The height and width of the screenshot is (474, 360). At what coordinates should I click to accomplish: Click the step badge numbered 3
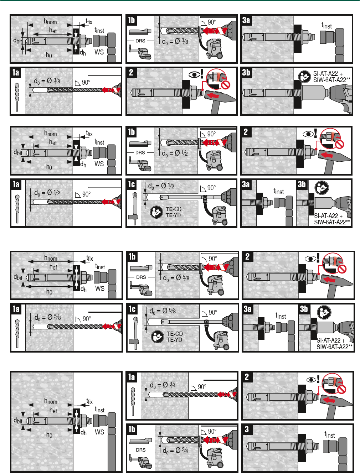pos(247,429)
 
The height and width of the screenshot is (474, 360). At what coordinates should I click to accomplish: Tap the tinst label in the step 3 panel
pos(329,435)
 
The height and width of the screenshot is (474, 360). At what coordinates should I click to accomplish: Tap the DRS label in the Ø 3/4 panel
pos(140,450)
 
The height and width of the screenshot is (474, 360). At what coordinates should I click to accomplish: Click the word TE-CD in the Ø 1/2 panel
pos(174,209)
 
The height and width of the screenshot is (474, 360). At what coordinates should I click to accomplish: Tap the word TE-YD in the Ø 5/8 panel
pos(174,340)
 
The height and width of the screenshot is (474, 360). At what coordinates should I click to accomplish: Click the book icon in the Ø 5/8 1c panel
pos(157,337)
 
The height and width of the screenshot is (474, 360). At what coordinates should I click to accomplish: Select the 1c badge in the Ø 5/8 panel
pos(132,309)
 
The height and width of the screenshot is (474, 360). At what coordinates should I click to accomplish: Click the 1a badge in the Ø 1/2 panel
pos(16,184)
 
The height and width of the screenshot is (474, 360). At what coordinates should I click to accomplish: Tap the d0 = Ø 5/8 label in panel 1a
pos(47,317)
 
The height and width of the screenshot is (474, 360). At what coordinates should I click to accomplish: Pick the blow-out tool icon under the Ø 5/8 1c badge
pos(135,333)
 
